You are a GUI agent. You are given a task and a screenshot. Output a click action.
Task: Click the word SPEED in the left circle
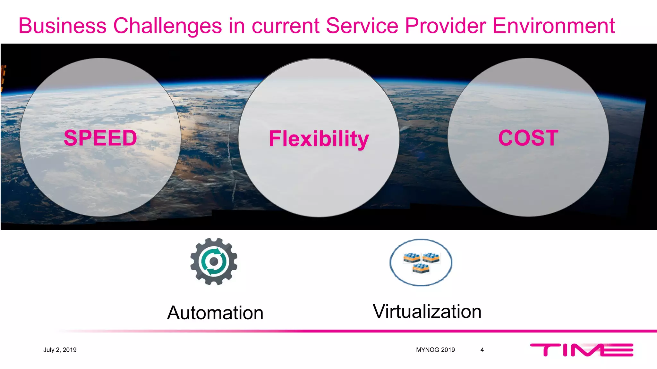click(100, 138)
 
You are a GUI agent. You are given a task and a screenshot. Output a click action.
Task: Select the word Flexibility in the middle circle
click(319, 139)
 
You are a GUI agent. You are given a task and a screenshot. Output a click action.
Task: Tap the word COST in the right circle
click(528, 138)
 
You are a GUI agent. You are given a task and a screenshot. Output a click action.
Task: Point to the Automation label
click(215, 313)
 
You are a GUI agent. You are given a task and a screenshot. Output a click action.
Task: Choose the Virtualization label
click(427, 311)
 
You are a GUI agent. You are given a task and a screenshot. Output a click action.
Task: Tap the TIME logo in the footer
click(582, 349)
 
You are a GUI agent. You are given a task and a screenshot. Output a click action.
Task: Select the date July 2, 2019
click(60, 350)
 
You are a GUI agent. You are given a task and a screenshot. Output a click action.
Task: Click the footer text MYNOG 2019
click(435, 350)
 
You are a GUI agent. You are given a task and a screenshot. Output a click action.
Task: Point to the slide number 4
click(482, 350)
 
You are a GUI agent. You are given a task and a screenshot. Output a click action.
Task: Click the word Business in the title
click(63, 26)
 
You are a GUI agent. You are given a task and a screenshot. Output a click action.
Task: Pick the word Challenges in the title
click(167, 26)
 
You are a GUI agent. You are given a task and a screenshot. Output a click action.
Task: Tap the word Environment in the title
click(553, 26)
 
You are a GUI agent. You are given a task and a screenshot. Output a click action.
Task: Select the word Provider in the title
click(445, 26)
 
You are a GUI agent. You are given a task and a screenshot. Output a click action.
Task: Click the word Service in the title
click(362, 26)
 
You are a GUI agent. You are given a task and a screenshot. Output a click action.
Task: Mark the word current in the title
click(286, 26)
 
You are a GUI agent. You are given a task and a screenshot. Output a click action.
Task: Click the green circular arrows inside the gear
click(214, 261)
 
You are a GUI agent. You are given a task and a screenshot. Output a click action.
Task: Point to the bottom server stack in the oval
click(421, 268)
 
